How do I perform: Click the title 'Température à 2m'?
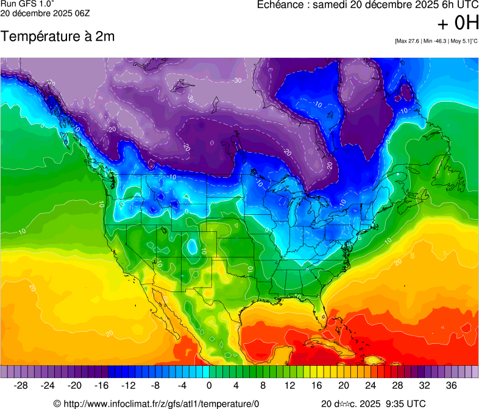pyautogui.click(x=58, y=37)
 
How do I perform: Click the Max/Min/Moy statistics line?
pyautogui.click(x=436, y=41)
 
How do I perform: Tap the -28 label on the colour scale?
pyautogui.click(x=21, y=385)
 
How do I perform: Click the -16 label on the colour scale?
pyautogui.click(x=101, y=385)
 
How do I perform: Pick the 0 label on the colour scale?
pyautogui.click(x=209, y=385)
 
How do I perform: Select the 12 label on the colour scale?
pyautogui.click(x=289, y=385)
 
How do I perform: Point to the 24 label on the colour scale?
pyautogui.click(x=370, y=385)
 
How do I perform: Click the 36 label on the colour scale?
pyautogui.click(x=451, y=385)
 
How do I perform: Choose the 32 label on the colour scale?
pyautogui.click(x=424, y=385)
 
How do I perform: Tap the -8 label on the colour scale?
pyautogui.click(x=155, y=385)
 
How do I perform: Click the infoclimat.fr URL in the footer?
pyautogui.click(x=161, y=404)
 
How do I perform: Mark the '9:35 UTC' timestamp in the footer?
pyautogui.click(x=405, y=404)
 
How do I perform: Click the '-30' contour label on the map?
pyautogui.click(x=237, y=80)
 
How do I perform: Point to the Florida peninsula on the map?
pyautogui.click(x=323, y=308)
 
